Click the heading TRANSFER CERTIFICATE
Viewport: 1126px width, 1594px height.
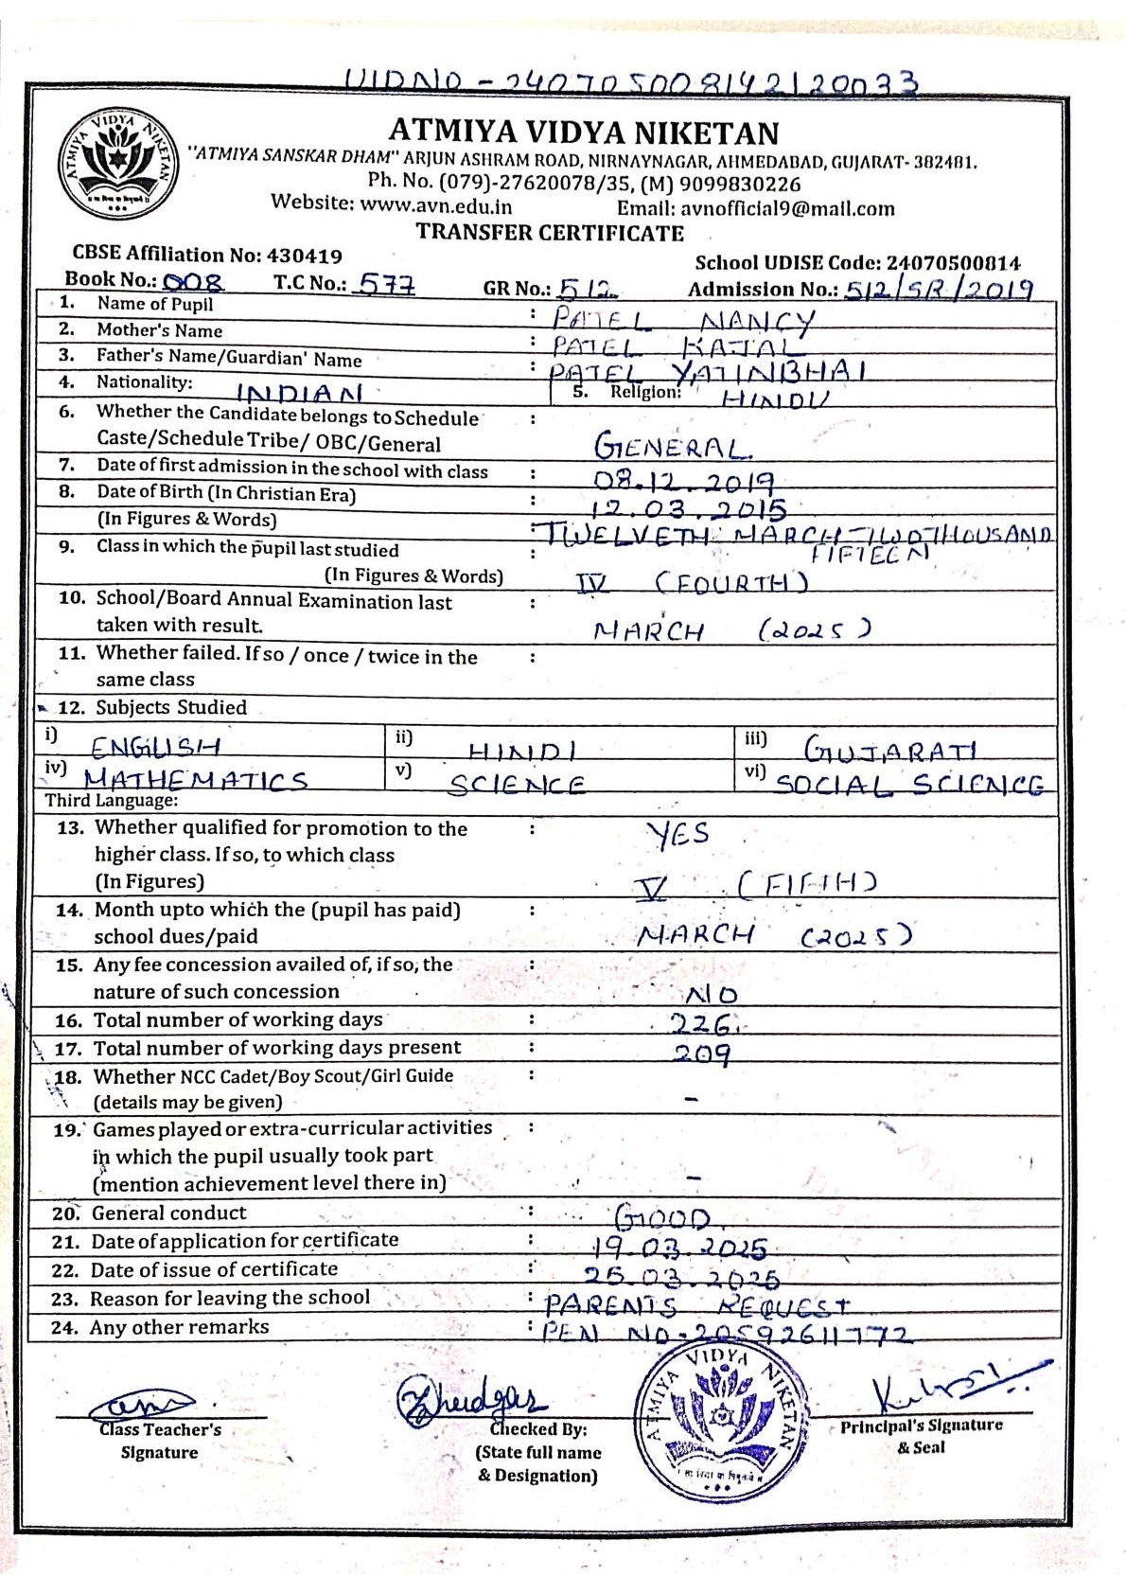point(550,233)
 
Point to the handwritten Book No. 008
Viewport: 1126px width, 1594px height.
point(193,282)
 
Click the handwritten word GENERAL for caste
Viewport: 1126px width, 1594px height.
point(673,447)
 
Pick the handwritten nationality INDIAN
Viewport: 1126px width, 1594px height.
point(299,393)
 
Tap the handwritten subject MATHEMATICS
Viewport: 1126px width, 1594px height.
point(196,781)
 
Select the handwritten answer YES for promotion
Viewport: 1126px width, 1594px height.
point(677,834)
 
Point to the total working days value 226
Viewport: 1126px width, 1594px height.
point(701,1023)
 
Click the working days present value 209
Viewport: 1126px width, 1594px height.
point(701,1053)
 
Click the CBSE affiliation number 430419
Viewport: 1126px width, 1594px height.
point(305,256)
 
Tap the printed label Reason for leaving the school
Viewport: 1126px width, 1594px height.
point(230,1298)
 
